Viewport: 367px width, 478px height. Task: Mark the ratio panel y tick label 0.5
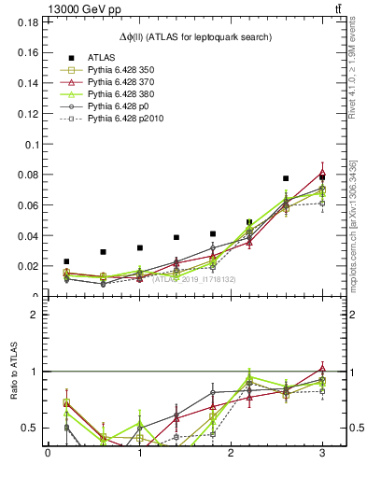[29, 429]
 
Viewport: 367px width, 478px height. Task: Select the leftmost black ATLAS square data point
[66, 262]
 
